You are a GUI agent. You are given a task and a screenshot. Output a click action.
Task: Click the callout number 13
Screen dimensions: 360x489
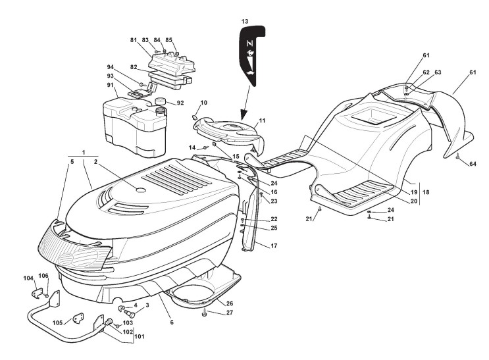pyautogui.click(x=245, y=21)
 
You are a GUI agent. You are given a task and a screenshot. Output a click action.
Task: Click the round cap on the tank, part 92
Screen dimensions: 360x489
pyautogui.click(x=159, y=101)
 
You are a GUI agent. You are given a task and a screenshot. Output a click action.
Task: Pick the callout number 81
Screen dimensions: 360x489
pyautogui.click(x=134, y=40)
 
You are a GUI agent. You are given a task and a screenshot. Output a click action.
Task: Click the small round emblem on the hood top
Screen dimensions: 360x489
pyautogui.click(x=140, y=190)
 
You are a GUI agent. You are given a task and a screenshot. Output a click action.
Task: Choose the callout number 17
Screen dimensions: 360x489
pyautogui.click(x=274, y=245)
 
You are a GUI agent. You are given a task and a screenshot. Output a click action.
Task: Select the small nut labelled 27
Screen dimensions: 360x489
pyautogui.click(x=205, y=313)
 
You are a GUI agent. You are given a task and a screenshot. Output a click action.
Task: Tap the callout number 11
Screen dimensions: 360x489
pyautogui.click(x=262, y=121)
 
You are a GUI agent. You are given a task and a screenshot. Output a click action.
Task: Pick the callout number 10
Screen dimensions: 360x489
pyautogui.click(x=204, y=103)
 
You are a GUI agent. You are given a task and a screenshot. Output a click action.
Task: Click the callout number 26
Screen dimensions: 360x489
pyautogui.click(x=229, y=303)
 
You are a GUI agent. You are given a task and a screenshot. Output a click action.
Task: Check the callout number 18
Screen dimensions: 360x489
pyautogui.click(x=425, y=192)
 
